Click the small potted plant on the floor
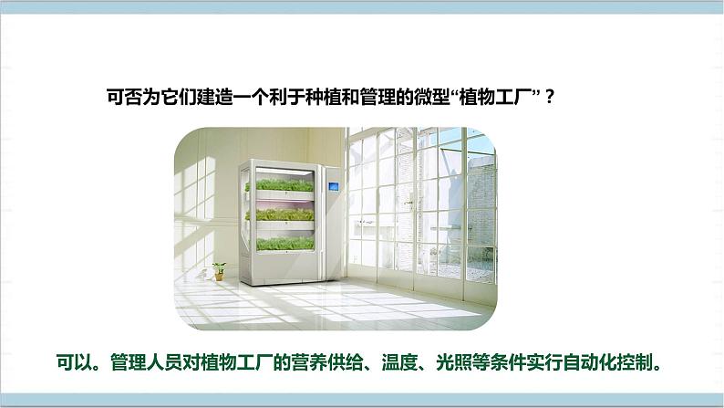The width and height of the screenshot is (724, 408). click(219, 269)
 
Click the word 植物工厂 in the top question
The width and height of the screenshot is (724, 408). click(498, 97)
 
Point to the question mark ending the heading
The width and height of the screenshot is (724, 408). click(549, 97)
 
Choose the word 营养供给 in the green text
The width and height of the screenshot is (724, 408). click(323, 360)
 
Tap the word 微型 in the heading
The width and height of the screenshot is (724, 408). click(432, 97)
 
